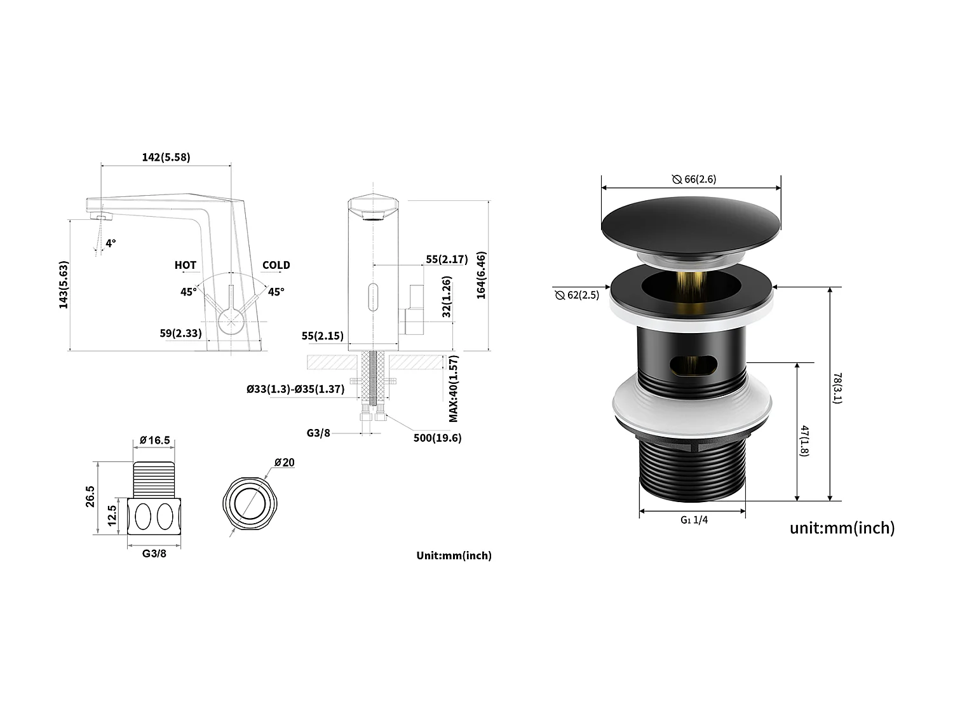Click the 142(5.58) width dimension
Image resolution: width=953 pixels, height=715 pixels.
point(166,157)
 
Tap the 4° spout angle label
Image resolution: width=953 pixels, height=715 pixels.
point(111,243)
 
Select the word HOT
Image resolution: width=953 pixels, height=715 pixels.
point(186,265)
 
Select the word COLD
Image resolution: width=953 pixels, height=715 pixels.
point(276,265)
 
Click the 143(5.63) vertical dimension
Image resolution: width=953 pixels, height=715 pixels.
point(64,285)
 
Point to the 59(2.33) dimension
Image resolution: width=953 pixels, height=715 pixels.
point(181,332)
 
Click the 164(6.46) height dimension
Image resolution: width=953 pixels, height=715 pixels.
point(481,275)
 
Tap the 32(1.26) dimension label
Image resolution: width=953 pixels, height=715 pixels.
point(447,296)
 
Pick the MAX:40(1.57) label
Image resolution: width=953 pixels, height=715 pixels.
point(454,388)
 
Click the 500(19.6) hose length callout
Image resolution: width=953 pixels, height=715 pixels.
point(438,437)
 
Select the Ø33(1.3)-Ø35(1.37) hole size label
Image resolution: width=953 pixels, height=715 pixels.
point(295,389)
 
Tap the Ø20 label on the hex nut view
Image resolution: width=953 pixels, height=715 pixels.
point(284,462)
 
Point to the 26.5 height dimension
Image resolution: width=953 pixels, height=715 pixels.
point(90,496)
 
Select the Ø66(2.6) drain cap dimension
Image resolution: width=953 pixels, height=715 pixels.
point(694,179)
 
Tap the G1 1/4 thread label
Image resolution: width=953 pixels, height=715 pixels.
point(694,520)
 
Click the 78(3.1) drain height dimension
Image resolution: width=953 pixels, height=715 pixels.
point(837,388)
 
